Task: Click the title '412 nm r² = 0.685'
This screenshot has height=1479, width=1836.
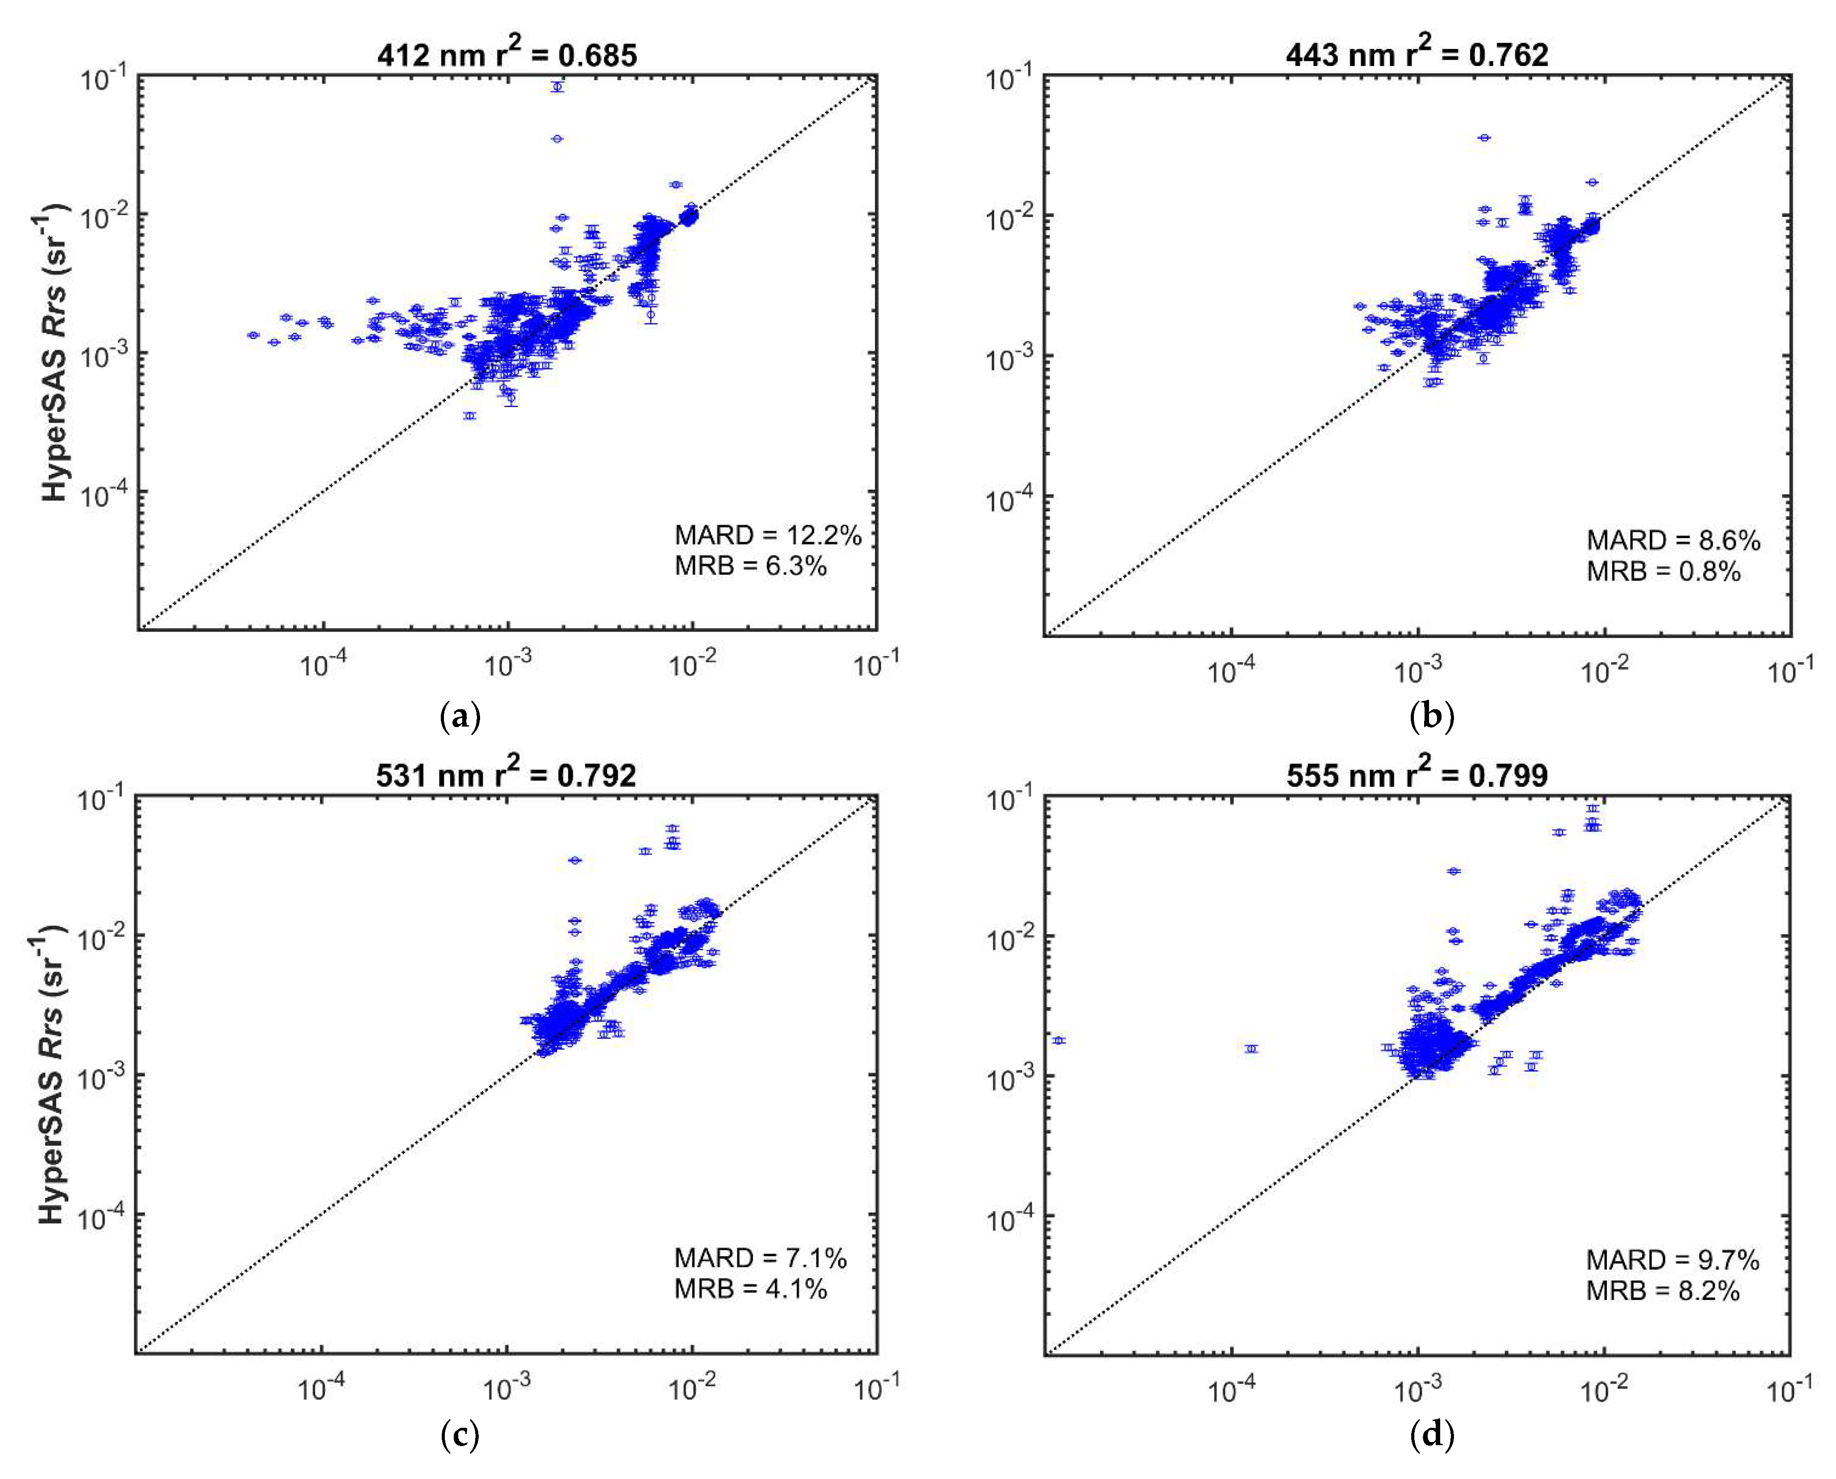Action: click(507, 53)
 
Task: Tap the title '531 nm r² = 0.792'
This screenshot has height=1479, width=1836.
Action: click(506, 773)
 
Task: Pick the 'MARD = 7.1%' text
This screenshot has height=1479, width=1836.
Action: click(760, 1258)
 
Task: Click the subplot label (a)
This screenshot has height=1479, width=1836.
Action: click(460, 716)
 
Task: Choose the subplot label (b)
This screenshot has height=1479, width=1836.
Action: click(1432, 716)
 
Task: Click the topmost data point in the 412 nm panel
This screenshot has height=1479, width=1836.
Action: click(558, 86)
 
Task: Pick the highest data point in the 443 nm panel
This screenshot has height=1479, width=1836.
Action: click(1485, 137)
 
